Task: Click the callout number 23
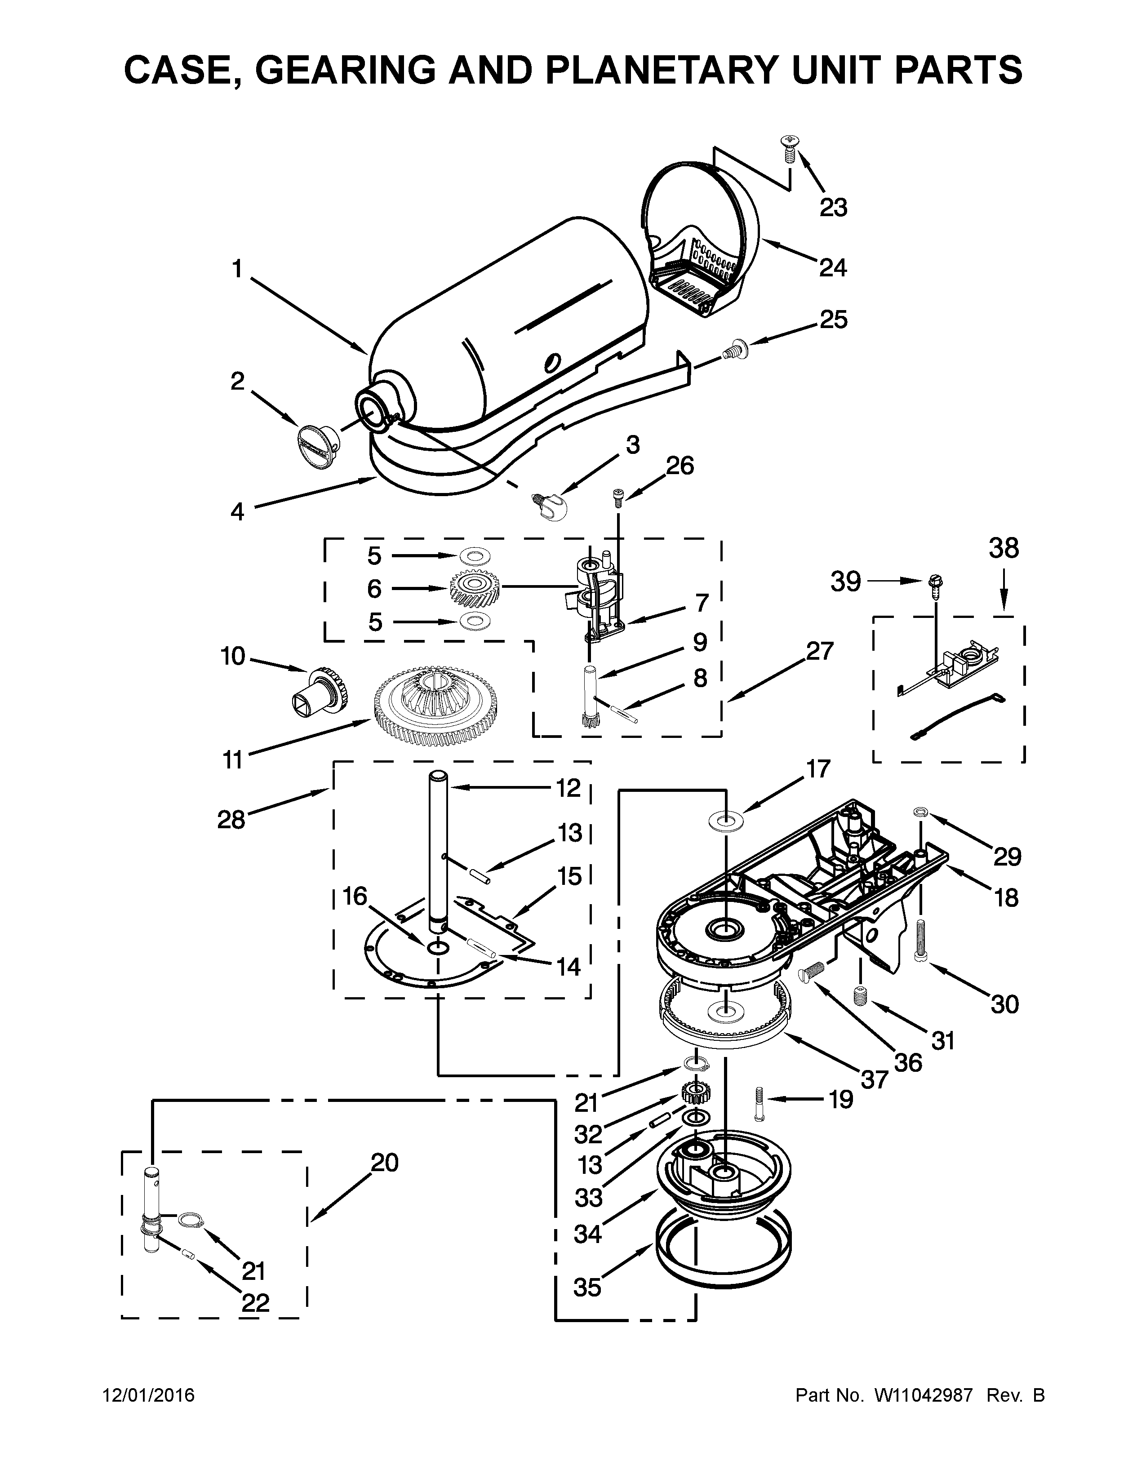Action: point(833,207)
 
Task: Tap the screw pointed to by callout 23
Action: point(789,147)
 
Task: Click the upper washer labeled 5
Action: point(473,557)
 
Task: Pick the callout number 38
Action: point(1004,548)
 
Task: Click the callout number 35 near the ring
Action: point(587,1287)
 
